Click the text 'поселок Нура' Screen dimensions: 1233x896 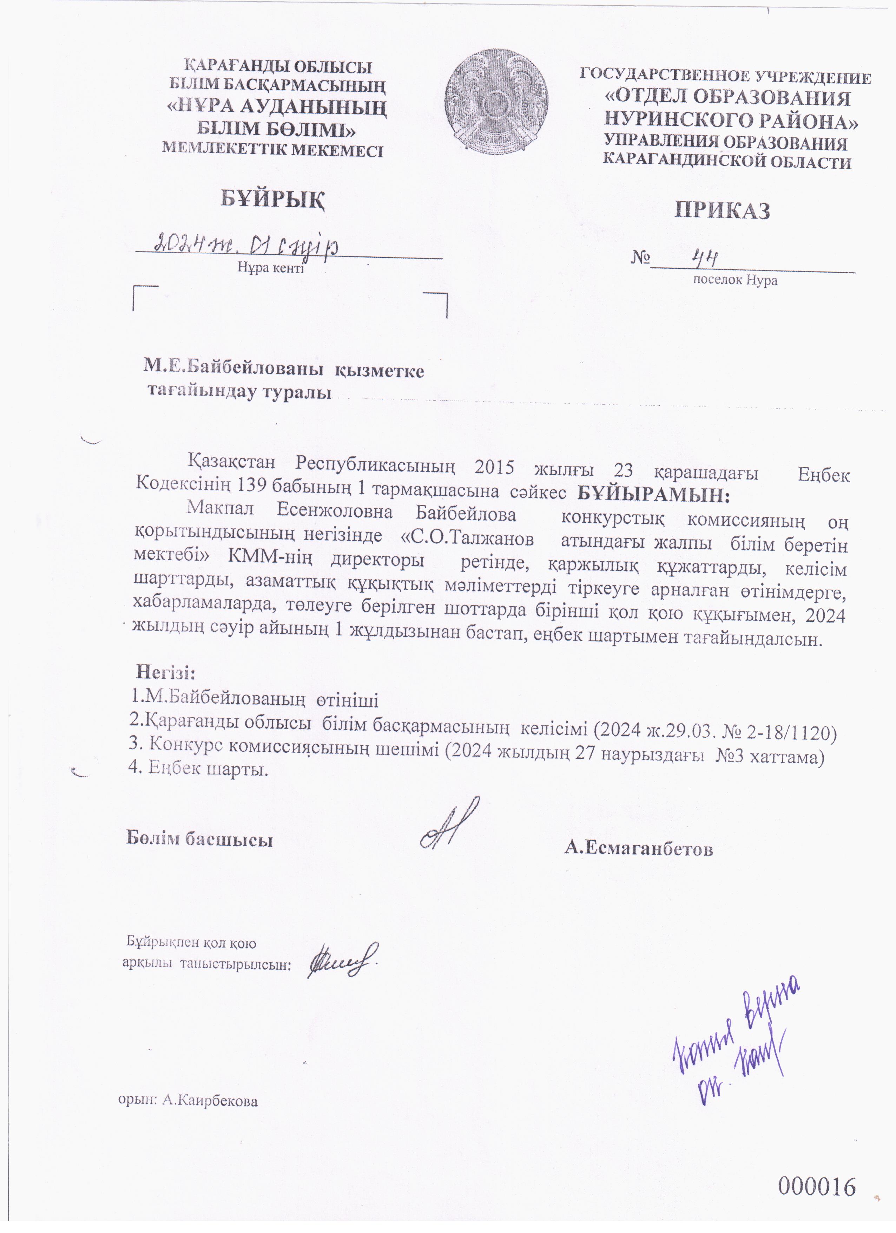point(734,281)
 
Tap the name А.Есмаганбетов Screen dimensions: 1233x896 point(638,849)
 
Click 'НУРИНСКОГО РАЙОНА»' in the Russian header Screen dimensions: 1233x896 point(731,120)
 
